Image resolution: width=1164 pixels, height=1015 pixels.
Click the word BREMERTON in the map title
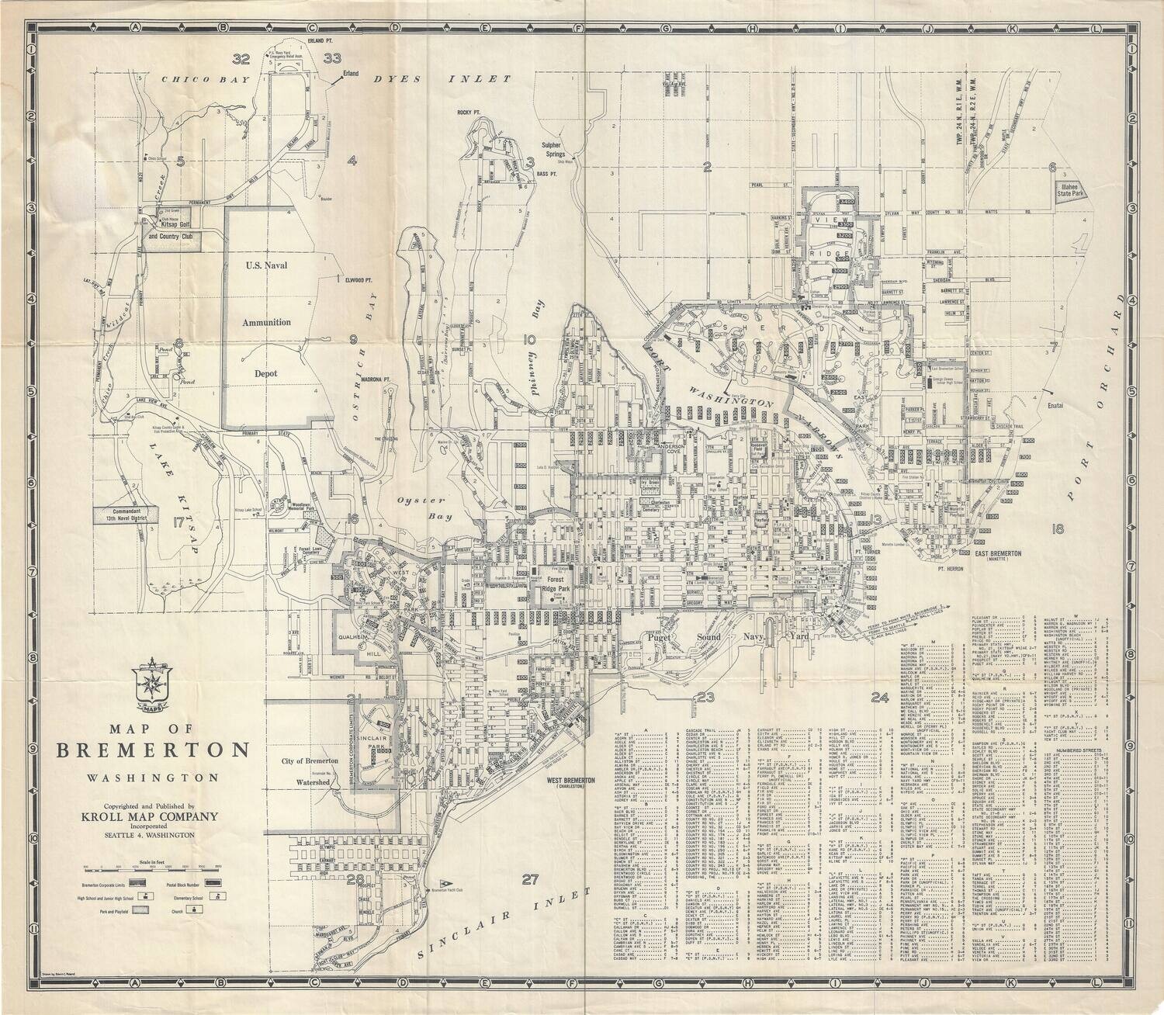152,750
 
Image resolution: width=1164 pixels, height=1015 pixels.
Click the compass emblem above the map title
152,681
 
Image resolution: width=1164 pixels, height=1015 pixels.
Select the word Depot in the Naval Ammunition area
266,373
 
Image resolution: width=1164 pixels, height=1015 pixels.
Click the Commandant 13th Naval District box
126,514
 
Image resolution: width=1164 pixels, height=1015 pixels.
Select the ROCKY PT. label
470,113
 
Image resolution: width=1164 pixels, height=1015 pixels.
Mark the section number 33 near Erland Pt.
333,58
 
